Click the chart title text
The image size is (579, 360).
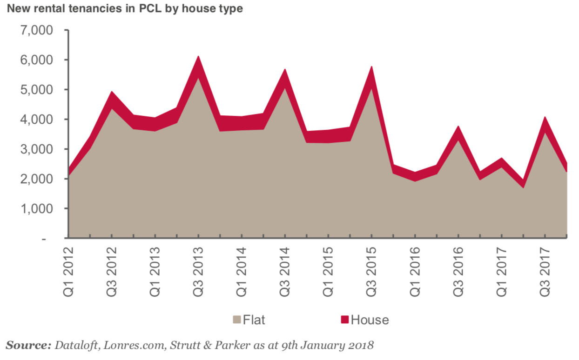tap(124, 9)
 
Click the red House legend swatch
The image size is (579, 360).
tap(345, 320)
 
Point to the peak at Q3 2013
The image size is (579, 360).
tap(198, 58)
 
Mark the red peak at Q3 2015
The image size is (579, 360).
tap(371, 68)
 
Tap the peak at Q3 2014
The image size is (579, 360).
tap(285, 71)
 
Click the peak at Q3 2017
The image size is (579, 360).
tap(545, 119)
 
